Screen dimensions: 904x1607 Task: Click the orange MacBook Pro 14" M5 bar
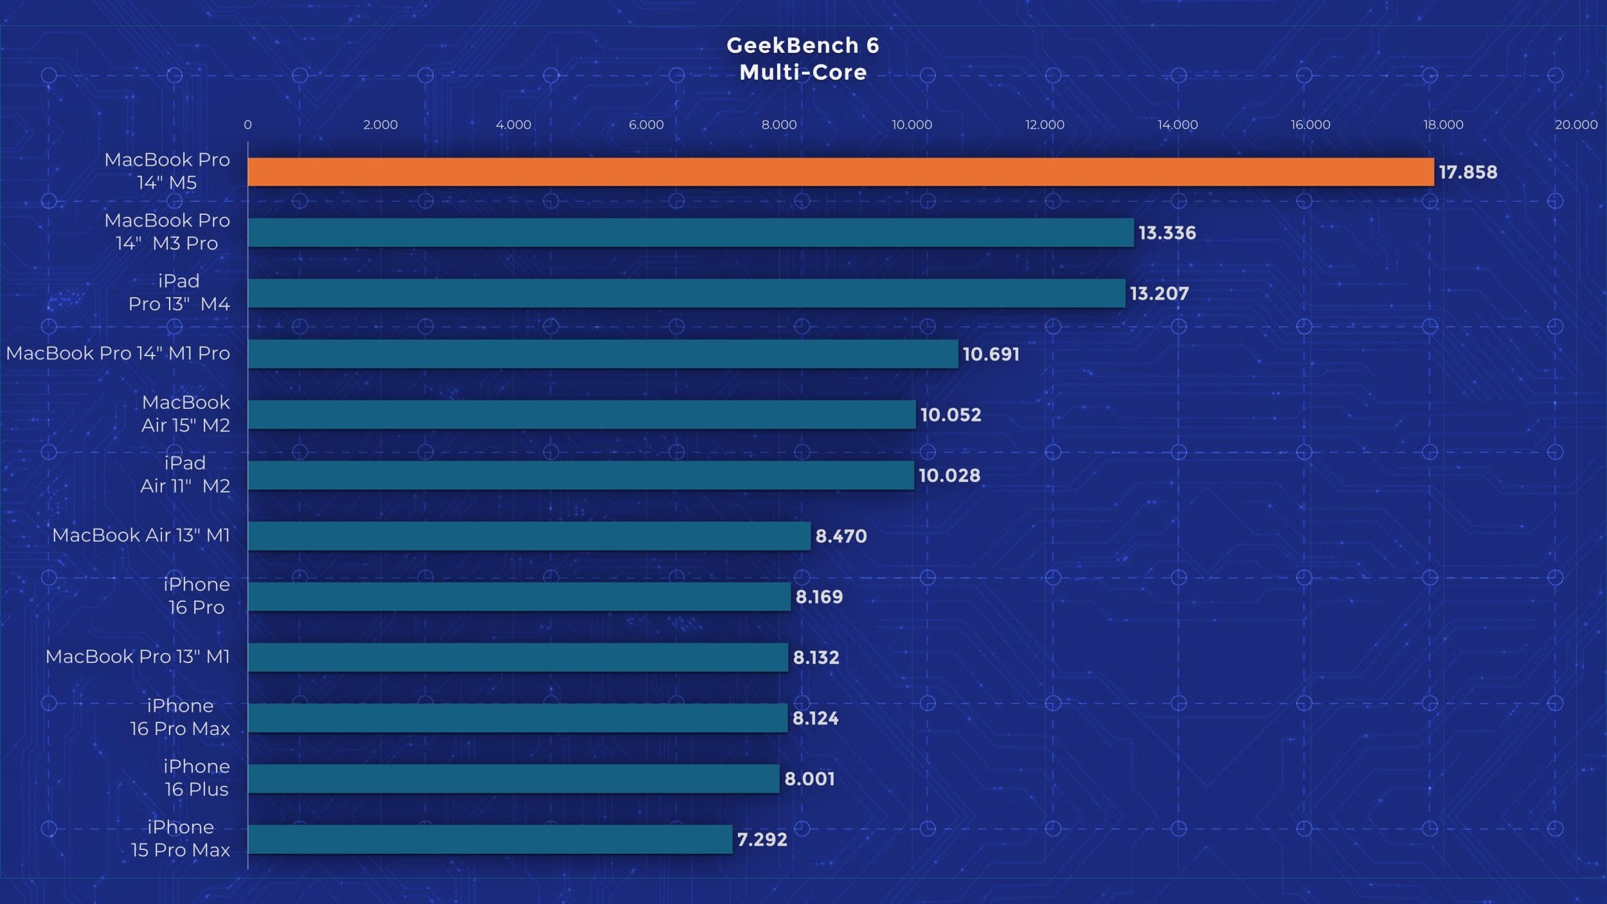[x=840, y=172]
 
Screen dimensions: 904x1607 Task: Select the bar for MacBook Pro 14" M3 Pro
[x=690, y=232]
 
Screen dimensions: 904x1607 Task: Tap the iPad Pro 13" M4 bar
[x=687, y=293]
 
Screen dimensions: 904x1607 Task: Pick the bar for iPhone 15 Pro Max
[x=490, y=839]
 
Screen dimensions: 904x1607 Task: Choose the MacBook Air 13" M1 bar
[x=529, y=536]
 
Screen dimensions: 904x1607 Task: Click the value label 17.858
[x=1468, y=172]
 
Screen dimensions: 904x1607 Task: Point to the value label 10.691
[x=991, y=354]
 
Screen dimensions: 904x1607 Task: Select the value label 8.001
[x=809, y=779]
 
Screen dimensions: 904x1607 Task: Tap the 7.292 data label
[x=762, y=839]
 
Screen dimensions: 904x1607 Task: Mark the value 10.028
[x=949, y=476]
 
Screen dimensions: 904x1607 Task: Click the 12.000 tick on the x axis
[x=1045, y=125]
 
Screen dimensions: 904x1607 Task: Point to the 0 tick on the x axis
[x=247, y=125]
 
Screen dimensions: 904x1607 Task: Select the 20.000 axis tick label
[x=1576, y=125]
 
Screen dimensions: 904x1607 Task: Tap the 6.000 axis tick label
[x=646, y=125]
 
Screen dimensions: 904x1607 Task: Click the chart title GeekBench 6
[x=803, y=45]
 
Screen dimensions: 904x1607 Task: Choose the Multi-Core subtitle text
[x=803, y=72]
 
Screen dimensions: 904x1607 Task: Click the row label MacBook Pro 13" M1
[x=138, y=656]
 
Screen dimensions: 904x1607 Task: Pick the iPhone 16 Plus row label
[x=196, y=777]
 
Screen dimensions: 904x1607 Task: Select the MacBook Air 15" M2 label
[x=185, y=413]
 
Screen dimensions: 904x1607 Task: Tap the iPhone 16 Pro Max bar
[x=517, y=718]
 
